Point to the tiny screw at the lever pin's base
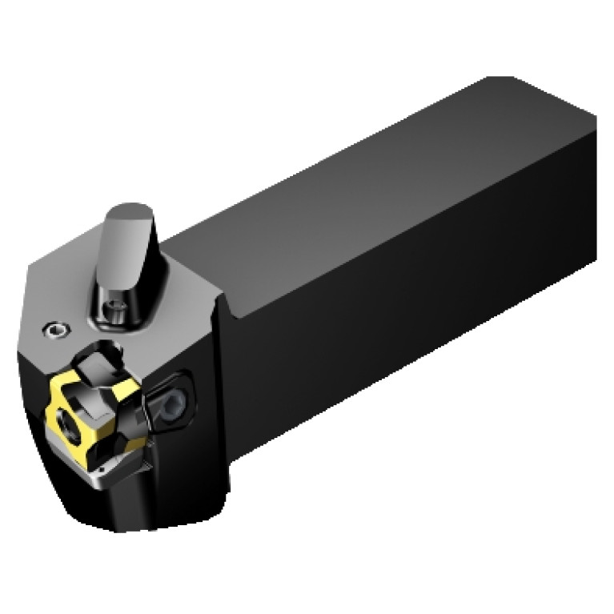click(x=118, y=305)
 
